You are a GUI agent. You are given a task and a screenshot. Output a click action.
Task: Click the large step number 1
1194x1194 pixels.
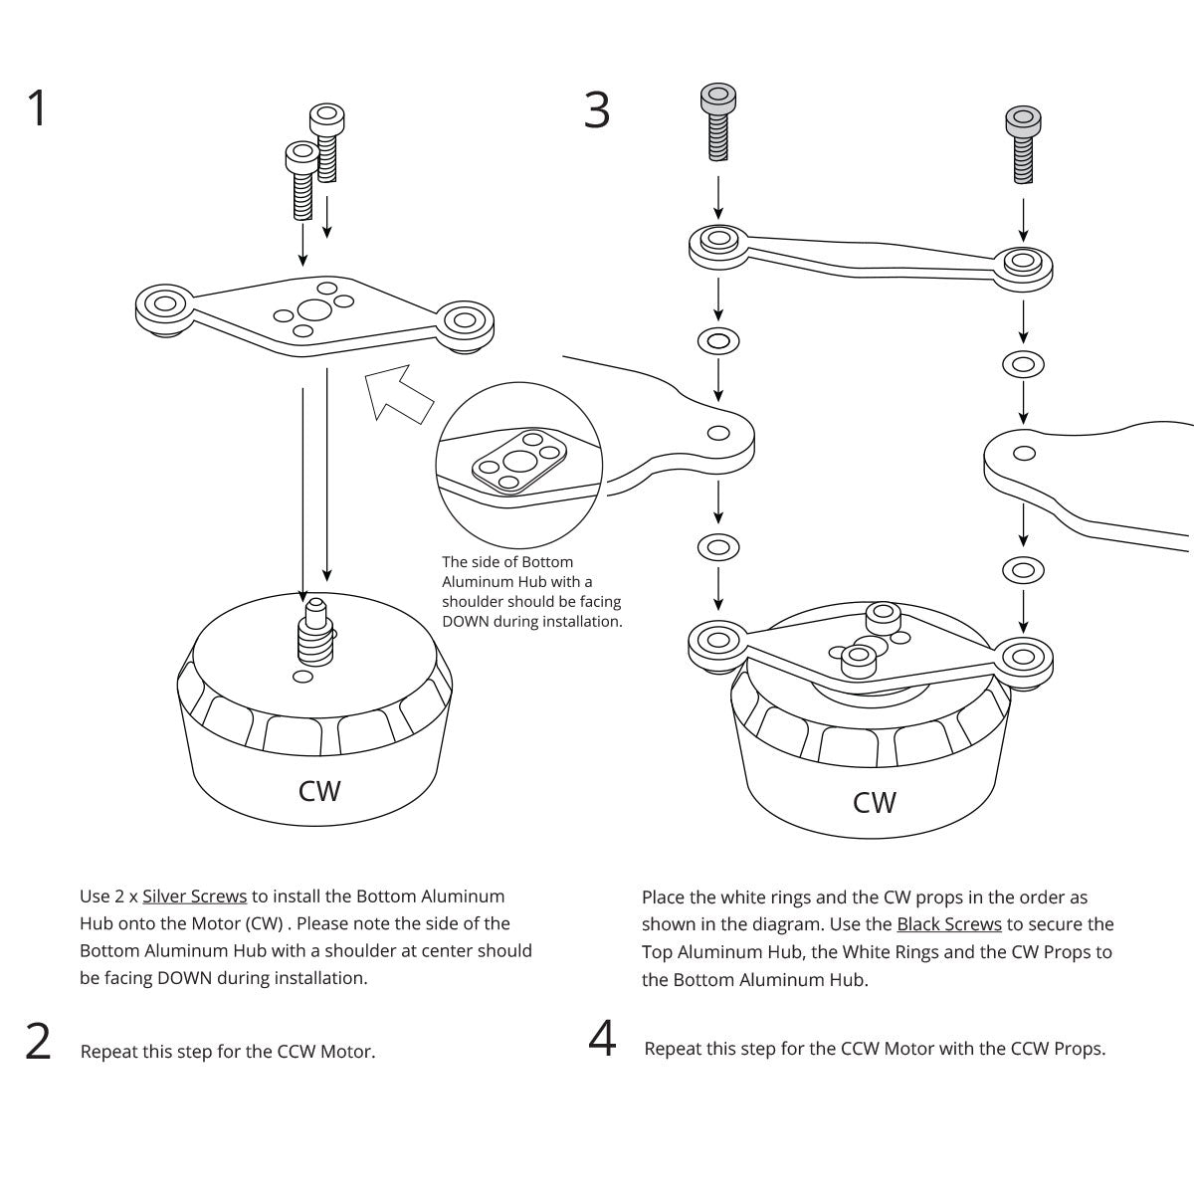point(37,109)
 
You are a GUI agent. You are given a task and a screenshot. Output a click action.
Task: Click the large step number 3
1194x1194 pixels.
point(596,109)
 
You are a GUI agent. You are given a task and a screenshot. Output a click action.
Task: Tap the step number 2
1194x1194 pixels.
point(38,1042)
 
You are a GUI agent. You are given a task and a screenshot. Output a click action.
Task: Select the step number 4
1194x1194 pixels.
point(602,1040)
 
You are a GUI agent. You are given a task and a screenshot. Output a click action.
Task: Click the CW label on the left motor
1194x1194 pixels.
point(319,791)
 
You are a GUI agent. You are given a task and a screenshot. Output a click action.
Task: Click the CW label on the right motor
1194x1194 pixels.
point(875,802)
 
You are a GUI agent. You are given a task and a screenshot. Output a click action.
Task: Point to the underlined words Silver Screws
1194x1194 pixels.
point(195,896)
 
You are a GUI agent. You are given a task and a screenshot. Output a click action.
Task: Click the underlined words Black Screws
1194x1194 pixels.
point(949,924)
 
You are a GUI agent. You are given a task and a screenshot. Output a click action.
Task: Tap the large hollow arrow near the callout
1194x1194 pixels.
point(397,393)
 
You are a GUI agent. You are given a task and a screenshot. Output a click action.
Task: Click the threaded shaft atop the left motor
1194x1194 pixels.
point(315,634)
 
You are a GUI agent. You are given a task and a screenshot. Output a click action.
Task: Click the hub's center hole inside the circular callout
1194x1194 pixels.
point(518,460)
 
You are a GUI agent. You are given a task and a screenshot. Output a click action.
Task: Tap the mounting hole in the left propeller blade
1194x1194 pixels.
point(716,433)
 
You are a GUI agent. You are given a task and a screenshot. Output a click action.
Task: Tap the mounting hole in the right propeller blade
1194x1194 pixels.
point(1024,454)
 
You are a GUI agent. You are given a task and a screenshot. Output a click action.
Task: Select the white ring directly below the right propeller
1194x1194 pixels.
point(1023,570)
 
